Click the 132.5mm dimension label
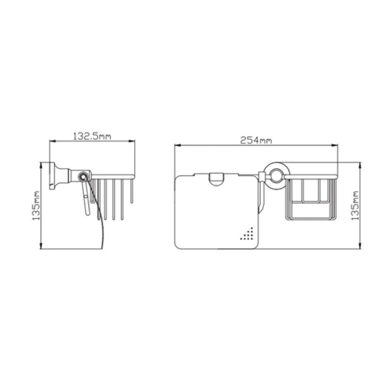pos(92,136)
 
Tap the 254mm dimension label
pos(256,140)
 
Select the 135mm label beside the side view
pos(36,206)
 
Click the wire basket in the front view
pos(311,198)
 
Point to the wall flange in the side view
pos(53,176)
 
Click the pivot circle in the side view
pos(83,177)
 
